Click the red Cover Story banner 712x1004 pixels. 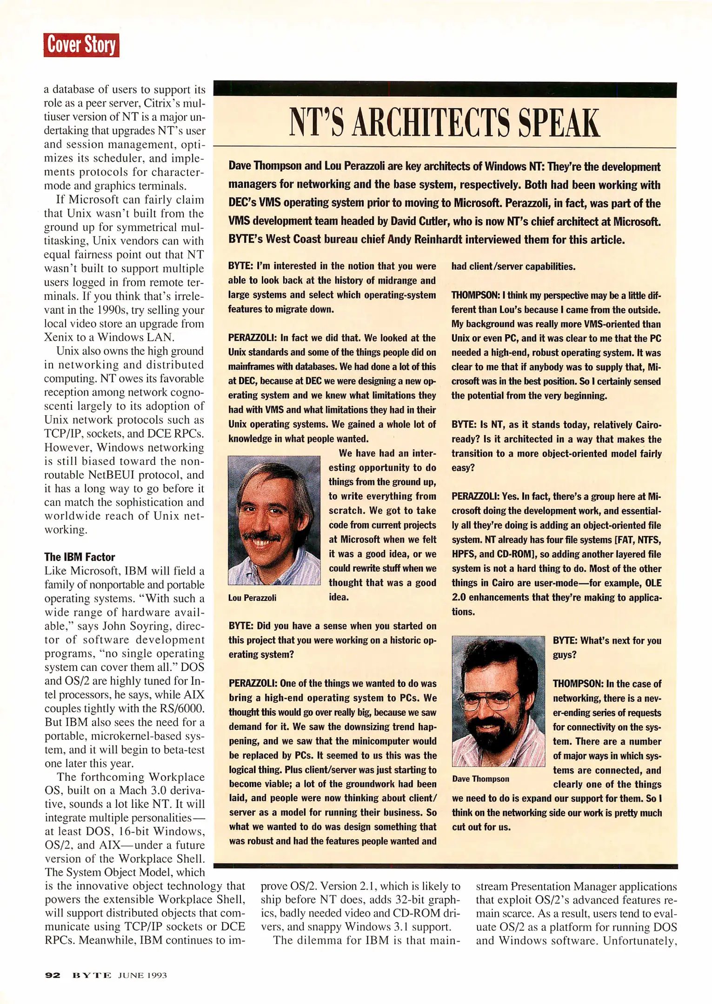point(81,45)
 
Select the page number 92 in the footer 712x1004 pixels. point(53,975)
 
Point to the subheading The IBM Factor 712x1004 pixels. point(80,557)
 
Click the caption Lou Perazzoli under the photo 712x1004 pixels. point(252,598)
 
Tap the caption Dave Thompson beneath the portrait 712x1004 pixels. point(480,779)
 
